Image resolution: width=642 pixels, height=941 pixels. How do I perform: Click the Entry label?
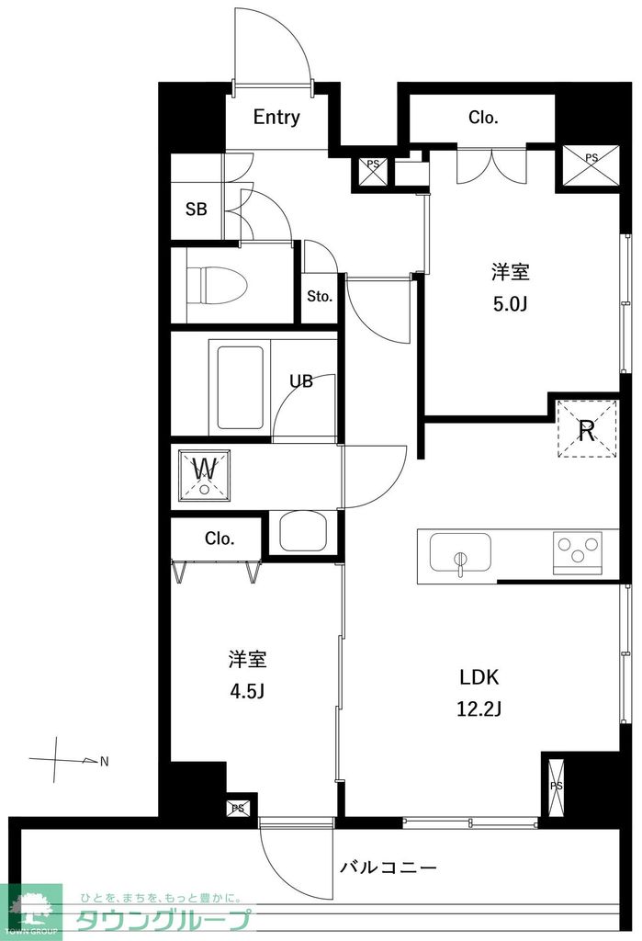point(276,118)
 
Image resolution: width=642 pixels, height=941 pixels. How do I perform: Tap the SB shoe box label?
point(197,209)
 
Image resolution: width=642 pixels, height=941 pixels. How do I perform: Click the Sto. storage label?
point(320,297)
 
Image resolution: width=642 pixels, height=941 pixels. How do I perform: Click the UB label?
point(301,381)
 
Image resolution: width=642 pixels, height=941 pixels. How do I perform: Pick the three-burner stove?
point(577,553)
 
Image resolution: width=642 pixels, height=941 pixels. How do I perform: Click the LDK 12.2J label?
point(479,693)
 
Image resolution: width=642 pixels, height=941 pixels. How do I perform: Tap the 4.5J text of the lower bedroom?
point(247,690)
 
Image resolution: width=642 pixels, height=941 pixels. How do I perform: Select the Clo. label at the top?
point(483,118)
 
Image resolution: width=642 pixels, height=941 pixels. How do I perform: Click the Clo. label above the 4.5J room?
point(220,539)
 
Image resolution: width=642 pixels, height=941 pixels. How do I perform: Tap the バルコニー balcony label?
point(388,867)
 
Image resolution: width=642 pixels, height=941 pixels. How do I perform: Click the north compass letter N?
point(104,761)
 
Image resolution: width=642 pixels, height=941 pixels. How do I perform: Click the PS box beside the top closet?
point(591,166)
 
